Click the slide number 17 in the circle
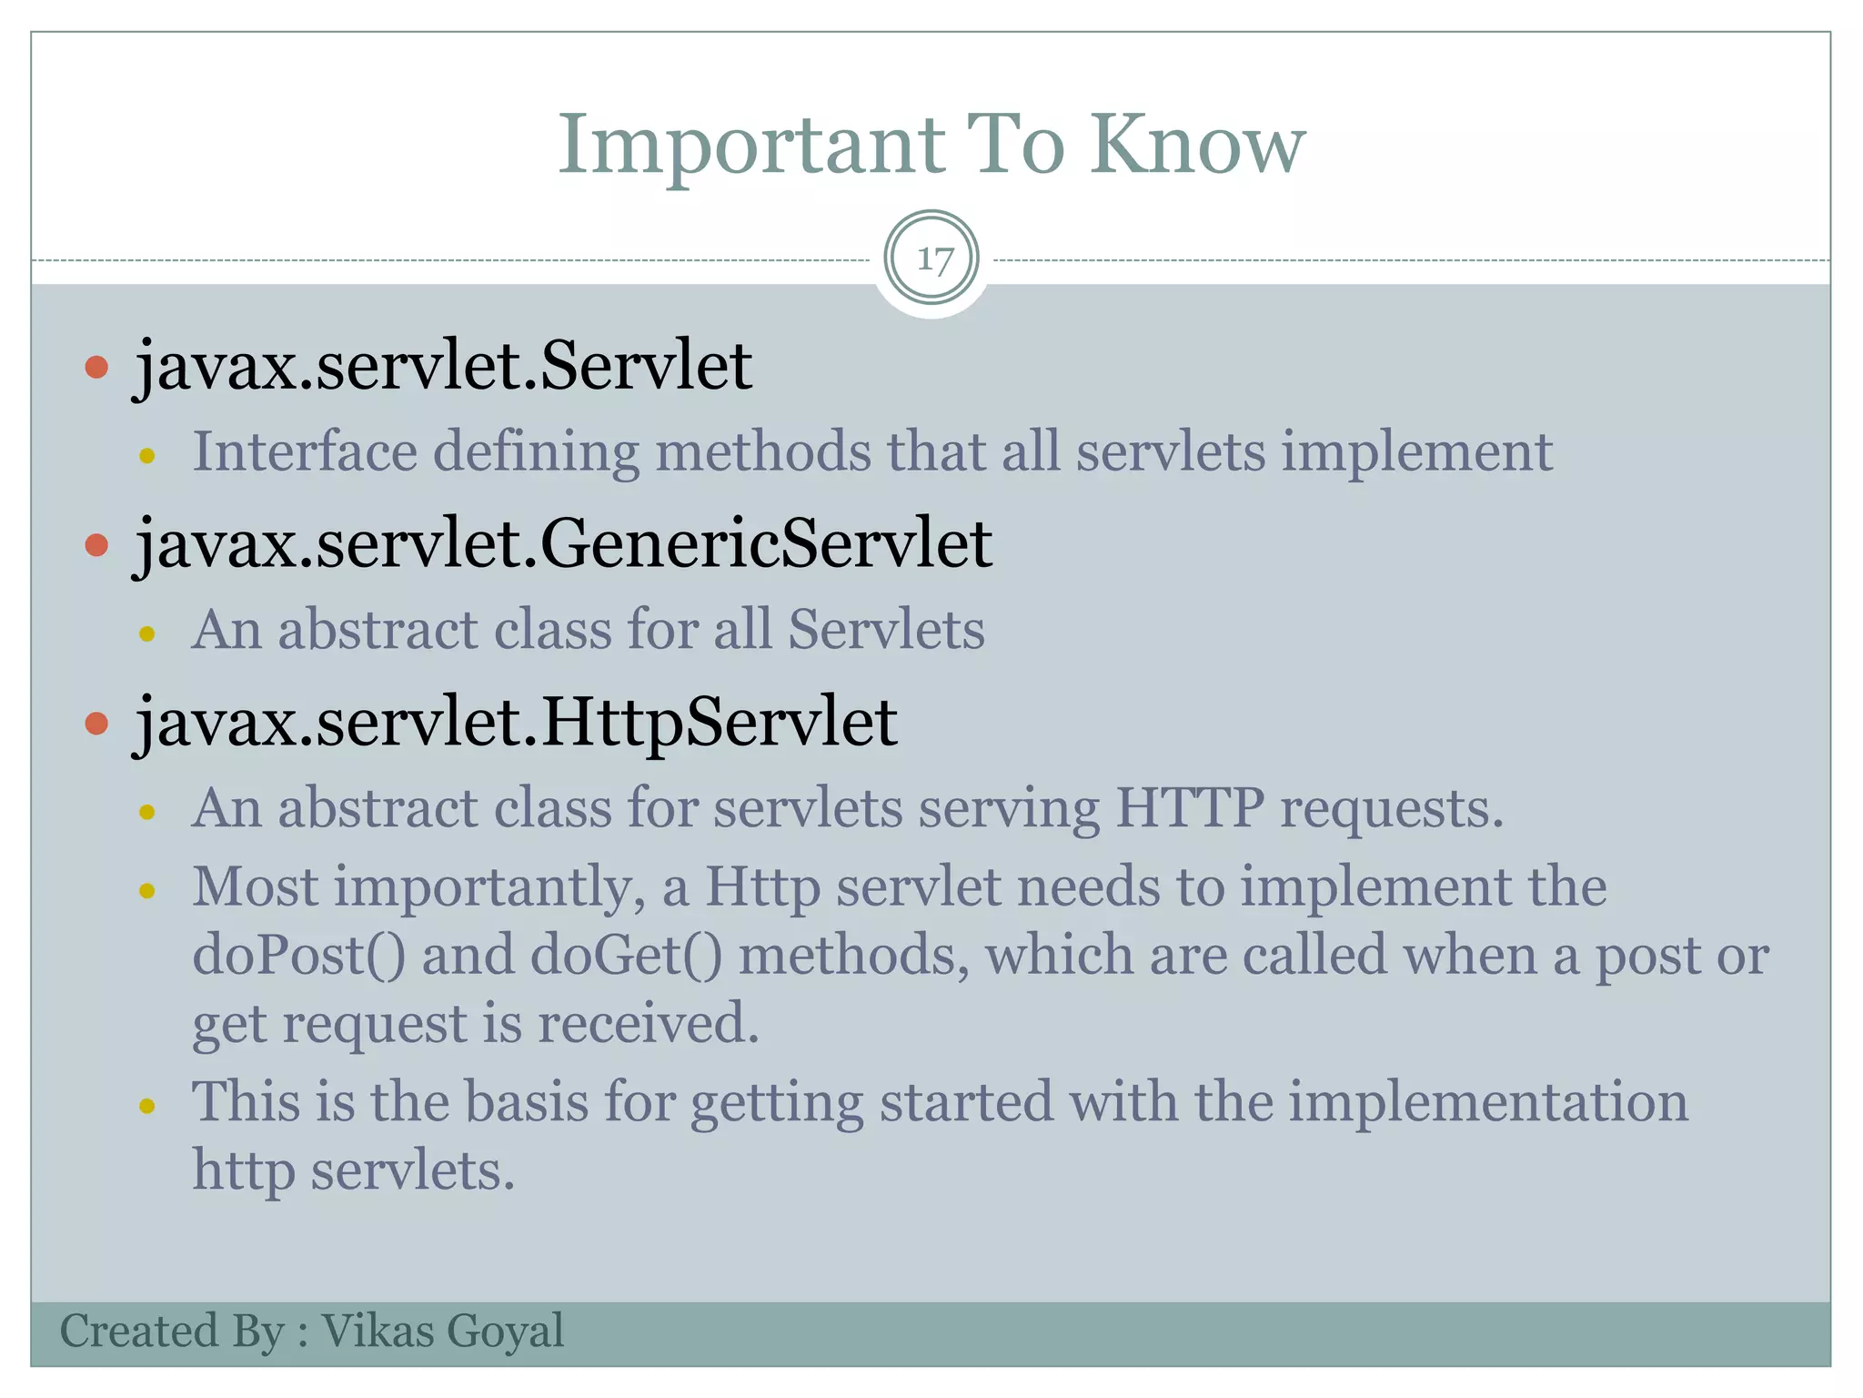coord(932,259)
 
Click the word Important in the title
coord(750,146)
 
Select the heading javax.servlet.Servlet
coord(443,366)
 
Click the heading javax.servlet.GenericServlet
coord(563,543)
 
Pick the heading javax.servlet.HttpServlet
coord(516,722)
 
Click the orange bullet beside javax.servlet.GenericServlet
coord(96,545)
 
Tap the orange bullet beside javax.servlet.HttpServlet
coord(96,724)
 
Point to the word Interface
coord(304,451)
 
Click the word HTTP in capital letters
coord(1189,807)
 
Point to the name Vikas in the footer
coord(378,1331)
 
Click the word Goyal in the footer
coord(505,1331)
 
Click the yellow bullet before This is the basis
coord(147,1106)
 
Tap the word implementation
coord(1487,1101)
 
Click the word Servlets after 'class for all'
coord(885,630)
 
